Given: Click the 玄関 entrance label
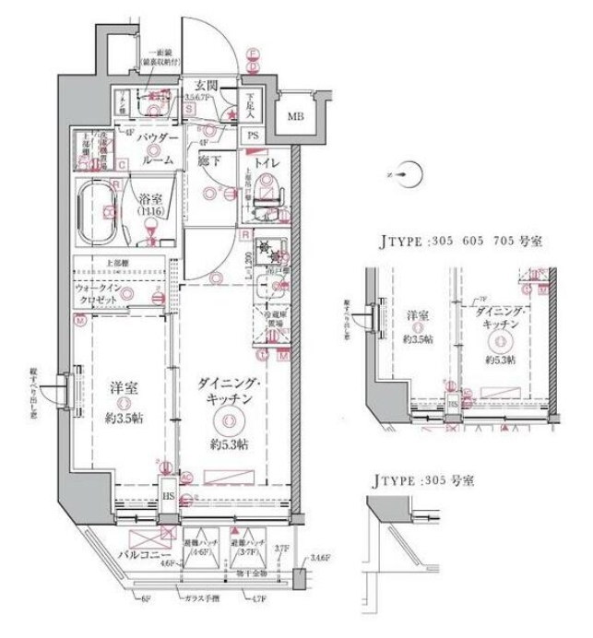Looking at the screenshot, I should tap(200, 80).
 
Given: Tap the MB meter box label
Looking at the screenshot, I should tap(295, 116).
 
